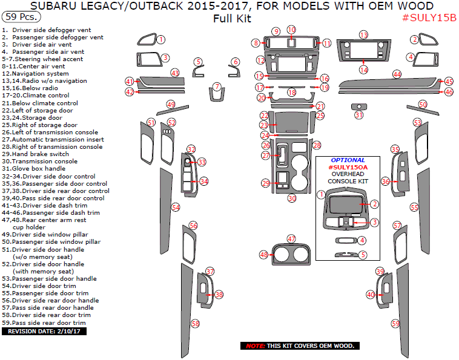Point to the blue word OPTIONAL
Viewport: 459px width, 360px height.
348,160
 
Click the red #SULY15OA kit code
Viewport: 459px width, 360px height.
348,167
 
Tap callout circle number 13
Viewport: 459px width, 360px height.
363,34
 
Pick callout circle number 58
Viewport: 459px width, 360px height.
195,324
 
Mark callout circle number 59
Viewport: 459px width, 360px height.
395,324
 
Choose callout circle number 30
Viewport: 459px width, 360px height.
291,198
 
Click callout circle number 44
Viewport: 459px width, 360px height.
397,74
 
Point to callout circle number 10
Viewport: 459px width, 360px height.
291,30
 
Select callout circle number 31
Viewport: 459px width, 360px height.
359,115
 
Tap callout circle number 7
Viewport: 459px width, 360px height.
216,87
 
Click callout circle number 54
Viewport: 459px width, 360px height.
176,207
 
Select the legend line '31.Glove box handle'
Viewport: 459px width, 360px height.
35,169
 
